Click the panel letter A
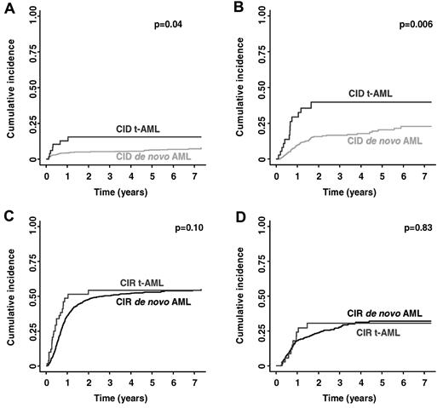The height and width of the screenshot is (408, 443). (7, 8)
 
